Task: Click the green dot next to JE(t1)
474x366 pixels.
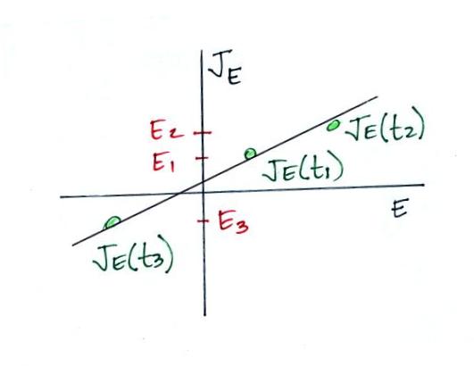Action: click(x=250, y=154)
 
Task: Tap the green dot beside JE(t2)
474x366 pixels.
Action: click(x=334, y=125)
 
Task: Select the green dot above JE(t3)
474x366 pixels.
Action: click(x=112, y=222)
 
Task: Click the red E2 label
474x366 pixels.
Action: click(x=166, y=131)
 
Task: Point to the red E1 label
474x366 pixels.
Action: click(x=163, y=162)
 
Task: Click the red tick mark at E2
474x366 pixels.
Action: click(x=203, y=132)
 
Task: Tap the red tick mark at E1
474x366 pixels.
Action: click(x=202, y=158)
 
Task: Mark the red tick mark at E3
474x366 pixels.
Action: click(x=203, y=220)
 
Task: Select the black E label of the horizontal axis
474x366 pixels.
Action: click(x=400, y=208)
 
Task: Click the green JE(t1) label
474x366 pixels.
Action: click(x=303, y=170)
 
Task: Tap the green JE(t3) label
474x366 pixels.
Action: click(x=133, y=257)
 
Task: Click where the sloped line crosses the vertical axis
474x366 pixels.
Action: click(x=204, y=181)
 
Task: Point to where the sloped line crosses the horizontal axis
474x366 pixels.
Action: click(x=179, y=194)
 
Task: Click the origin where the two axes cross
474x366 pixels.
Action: click(x=204, y=192)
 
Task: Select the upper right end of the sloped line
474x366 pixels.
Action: click(x=378, y=97)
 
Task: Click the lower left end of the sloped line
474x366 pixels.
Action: click(x=73, y=245)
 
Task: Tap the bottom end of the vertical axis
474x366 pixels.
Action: click(x=205, y=315)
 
